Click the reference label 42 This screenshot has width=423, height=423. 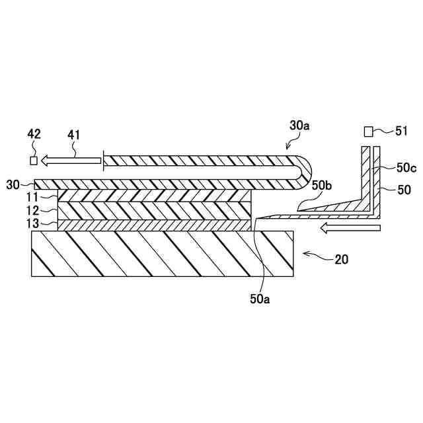click(34, 135)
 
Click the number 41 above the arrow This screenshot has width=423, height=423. click(73, 135)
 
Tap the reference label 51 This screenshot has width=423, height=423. click(401, 132)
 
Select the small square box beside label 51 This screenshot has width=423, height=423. click(369, 132)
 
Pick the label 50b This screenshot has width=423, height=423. click(322, 186)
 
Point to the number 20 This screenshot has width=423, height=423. click(342, 259)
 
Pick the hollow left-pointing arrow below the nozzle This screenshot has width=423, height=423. click(351, 228)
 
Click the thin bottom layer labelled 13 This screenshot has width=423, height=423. click(155, 225)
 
